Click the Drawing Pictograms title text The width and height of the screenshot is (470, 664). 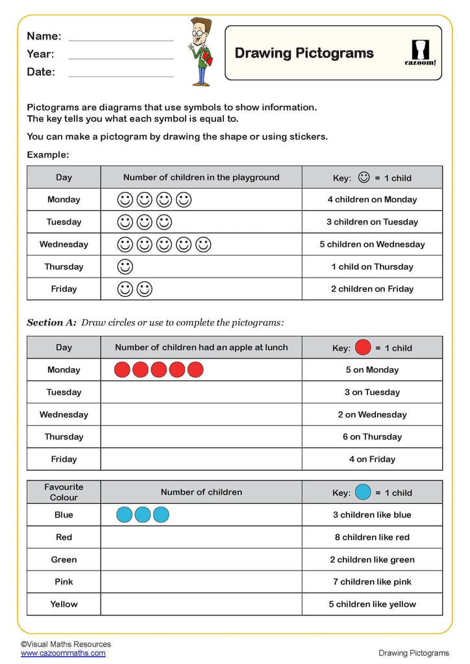click(x=304, y=53)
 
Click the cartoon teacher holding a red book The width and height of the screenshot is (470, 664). click(x=201, y=52)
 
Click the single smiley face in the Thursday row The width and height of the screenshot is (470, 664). click(x=125, y=267)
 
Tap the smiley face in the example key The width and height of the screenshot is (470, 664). click(x=364, y=176)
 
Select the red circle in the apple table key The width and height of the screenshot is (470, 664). click(x=364, y=347)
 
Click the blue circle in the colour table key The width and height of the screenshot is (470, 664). click(x=364, y=492)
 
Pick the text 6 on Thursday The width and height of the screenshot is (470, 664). click(x=372, y=437)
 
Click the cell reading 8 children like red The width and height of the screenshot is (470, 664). click(x=372, y=538)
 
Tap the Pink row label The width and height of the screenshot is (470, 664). click(x=64, y=582)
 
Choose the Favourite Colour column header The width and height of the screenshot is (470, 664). click(x=64, y=492)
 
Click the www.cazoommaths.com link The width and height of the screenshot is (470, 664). click(x=63, y=653)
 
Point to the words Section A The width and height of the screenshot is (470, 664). click(x=51, y=322)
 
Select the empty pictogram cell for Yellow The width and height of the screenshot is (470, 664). click(x=201, y=604)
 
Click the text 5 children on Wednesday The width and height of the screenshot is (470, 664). click(x=372, y=244)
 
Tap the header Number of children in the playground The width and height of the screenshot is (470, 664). click(x=201, y=177)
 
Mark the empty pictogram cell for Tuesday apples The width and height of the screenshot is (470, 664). click(x=201, y=392)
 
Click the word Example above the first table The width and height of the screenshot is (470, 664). click(x=47, y=155)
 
